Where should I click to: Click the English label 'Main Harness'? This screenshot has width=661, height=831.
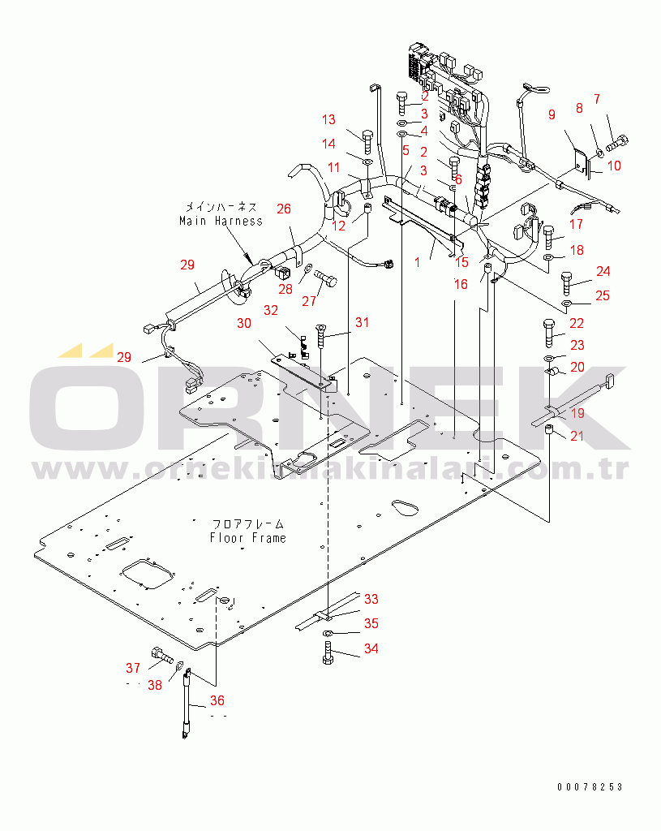coord(221,221)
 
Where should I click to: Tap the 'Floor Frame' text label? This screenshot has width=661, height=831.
coord(247,537)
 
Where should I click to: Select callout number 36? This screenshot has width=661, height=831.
coord(217,701)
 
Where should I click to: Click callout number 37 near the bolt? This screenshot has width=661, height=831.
coord(133,668)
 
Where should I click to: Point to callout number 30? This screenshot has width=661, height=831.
coord(244,323)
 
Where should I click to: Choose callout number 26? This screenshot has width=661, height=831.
coord(283,209)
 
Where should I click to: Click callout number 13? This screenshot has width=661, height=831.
coord(328,120)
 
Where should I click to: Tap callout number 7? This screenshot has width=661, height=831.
coord(597,99)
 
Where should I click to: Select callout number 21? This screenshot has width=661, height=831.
coord(577,439)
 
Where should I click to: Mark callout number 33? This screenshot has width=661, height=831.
coord(371,599)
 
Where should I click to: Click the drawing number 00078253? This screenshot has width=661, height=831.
coord(590,787)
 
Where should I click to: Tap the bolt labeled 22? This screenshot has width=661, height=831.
coord(549,331)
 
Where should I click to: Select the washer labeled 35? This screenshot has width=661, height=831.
coord(328,632)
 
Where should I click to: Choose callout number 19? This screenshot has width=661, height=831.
coord(577,413)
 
